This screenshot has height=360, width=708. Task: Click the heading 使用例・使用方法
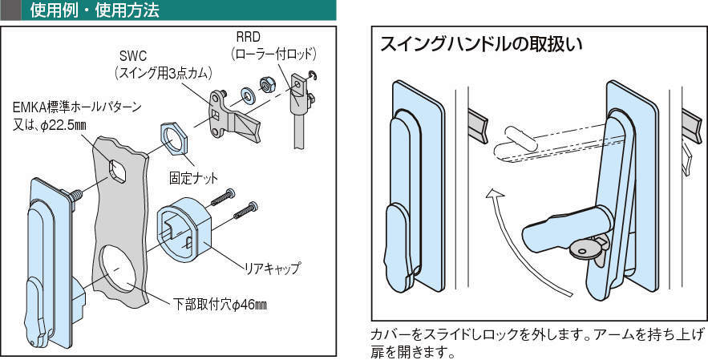[94, 10]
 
